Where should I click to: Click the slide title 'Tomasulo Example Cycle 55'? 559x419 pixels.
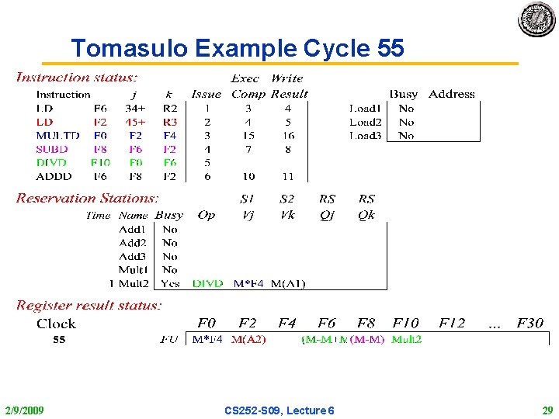[x=238, y=48]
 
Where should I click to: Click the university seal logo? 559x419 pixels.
[x=536, y=19]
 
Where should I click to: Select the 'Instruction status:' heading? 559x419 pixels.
[x=77, y=78]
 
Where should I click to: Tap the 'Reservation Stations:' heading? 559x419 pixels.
[x=87, y=199]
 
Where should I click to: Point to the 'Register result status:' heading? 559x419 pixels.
[x=89, y=306]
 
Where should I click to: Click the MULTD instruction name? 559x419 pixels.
[x=57, y=135]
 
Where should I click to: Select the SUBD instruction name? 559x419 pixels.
[x=52, y=149]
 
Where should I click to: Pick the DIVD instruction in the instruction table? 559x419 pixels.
[x=51, y=163]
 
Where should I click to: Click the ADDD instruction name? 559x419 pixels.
[x=54, y=176]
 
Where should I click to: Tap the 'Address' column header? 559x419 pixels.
[x=451, y=94]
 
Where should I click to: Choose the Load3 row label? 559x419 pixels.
[x=365, y=135]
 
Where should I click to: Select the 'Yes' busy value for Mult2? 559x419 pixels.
[x=170, y=283]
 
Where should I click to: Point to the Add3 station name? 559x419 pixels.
[x=132, y=256]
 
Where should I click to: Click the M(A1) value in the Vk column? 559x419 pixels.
[x=287, y=283]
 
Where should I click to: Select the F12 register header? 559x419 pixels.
[x=452, y=323]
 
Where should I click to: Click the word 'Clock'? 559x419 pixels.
[x=56, y=324]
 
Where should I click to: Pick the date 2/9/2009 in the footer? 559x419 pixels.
[x=24, y=410]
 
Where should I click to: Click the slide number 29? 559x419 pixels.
[x=547, y=410]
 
